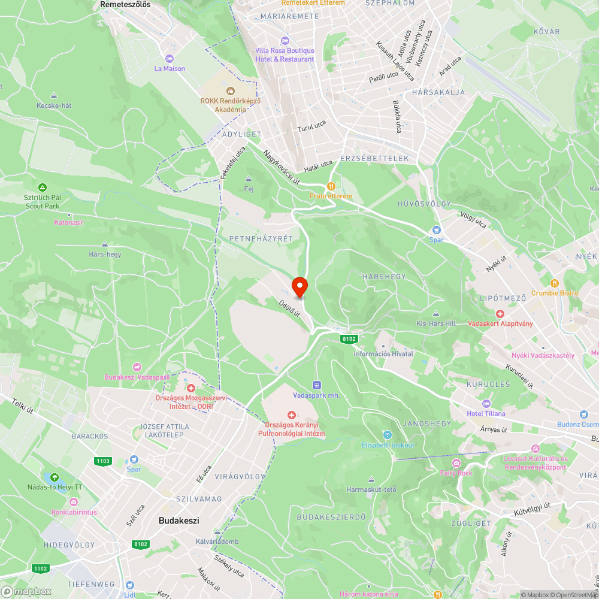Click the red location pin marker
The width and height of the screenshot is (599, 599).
point(299,287)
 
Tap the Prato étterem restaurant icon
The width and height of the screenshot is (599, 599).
point(330,186)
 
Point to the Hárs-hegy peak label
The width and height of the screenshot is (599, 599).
point(105,254)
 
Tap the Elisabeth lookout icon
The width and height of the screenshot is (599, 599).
point(388,434)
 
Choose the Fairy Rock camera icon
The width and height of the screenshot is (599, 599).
point(456,463)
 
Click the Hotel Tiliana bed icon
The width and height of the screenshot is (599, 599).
point(486,403)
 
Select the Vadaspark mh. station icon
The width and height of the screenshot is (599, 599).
point(316,385)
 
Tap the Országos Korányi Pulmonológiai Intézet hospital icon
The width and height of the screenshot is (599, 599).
point(291,415)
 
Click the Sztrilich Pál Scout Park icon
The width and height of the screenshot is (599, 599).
point(42,187)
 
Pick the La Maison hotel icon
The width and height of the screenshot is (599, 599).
point(170,58)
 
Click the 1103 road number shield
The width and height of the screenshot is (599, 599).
point(102,461)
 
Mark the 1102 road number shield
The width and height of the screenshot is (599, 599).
point(41,568)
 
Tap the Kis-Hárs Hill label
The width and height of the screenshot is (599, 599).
point(436,323)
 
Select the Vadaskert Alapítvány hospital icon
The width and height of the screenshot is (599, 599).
point(500,313)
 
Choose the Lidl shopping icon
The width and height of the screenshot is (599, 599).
point(129,585)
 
